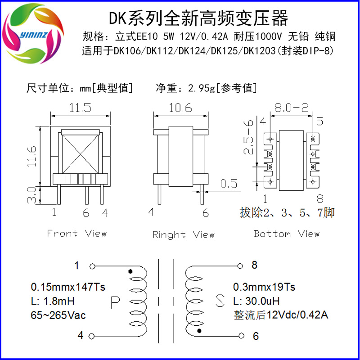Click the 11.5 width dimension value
(80, 108)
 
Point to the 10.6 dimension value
(180, 108)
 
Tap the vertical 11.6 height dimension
(31, 155)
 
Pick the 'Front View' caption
(77, 233)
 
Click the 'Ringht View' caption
(183, 234)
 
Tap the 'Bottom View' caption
(287, 234)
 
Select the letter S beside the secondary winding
(220, 301)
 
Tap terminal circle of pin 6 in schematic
(242, 335)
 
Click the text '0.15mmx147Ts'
(68, 287)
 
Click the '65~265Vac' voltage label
(58, 315)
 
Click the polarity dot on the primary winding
(130, 271)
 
